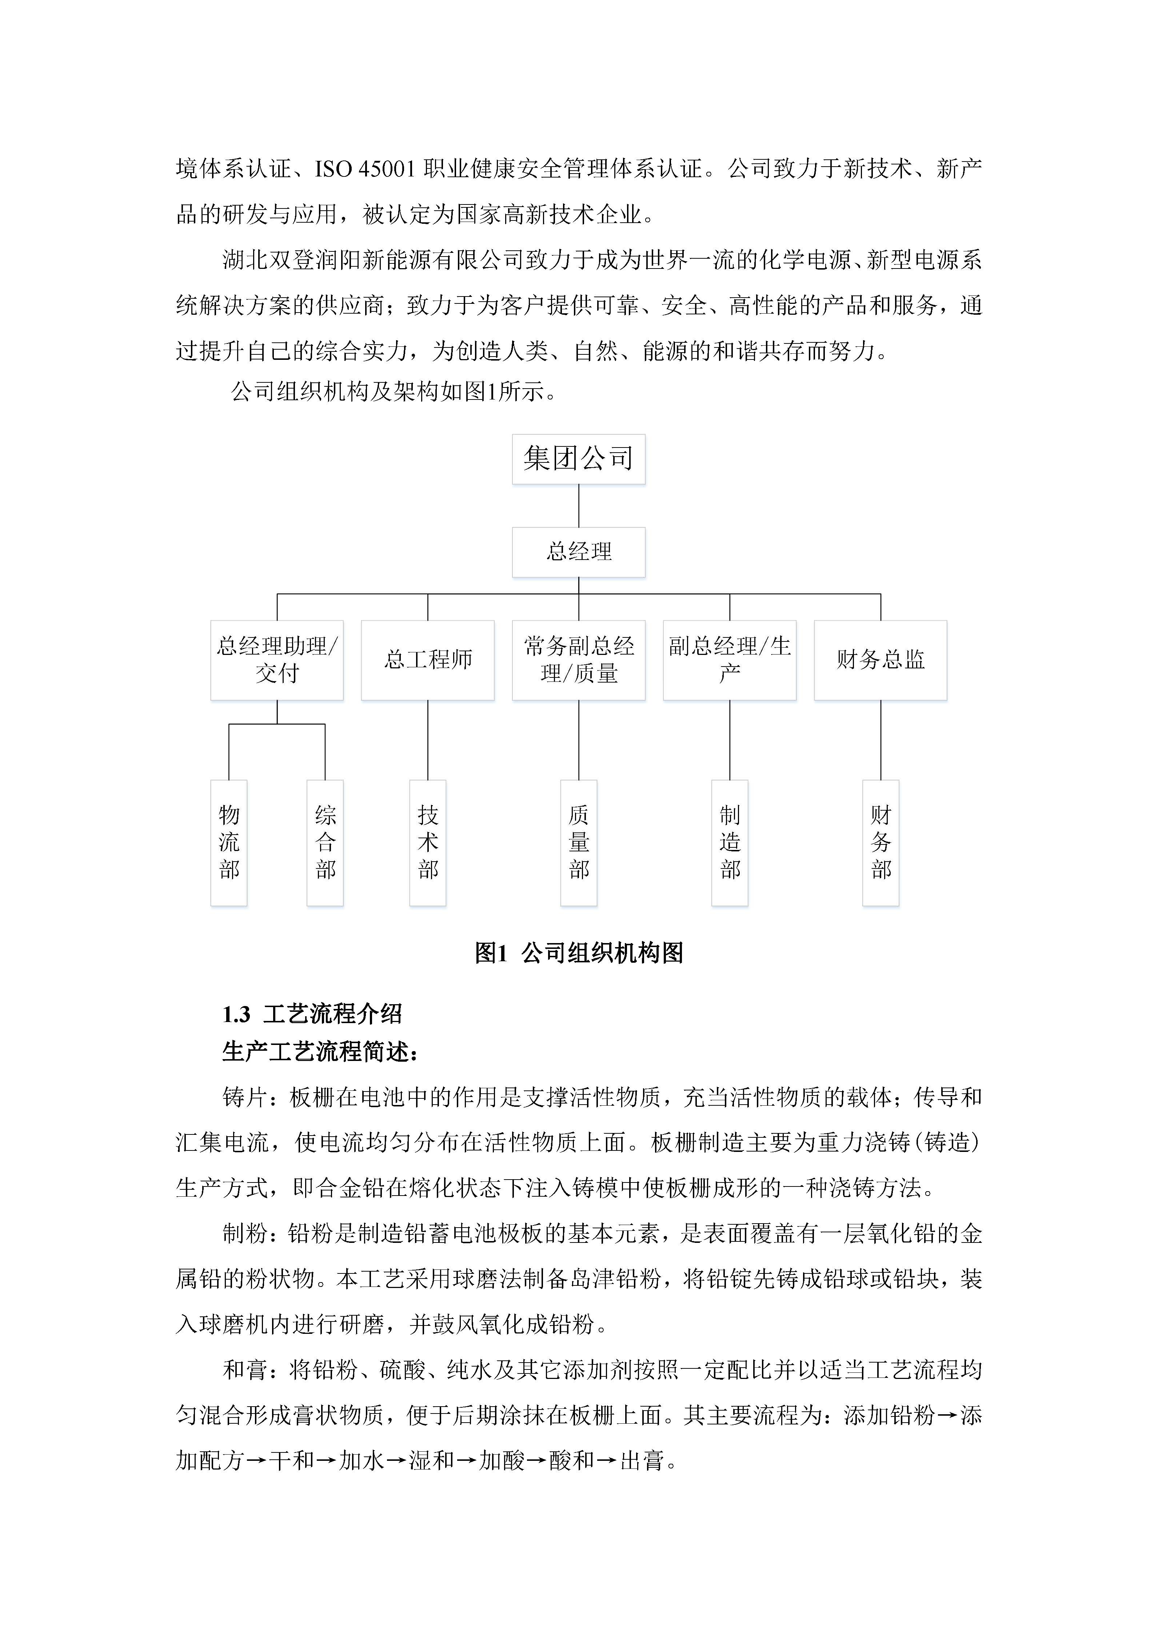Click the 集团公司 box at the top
[x=578, y=459]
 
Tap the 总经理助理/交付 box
[x=277, y=660]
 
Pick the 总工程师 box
[x=428, y=660]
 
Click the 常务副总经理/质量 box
[x=578, y=660]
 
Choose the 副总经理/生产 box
[x=730, y=660]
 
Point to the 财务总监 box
[x=881, y=660]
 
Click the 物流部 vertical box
[x=229, y=843]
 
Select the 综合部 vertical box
[x=325, y=843]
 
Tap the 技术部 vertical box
[x=428, y=843]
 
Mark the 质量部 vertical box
[x=578, y=843]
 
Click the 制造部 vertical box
[x=730, y=843]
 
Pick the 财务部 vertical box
[x=881, y=843]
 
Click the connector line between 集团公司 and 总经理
[x=578, y=506]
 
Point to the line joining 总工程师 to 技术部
[x=428, y=740]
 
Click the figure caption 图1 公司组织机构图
[x=578, y=953]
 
